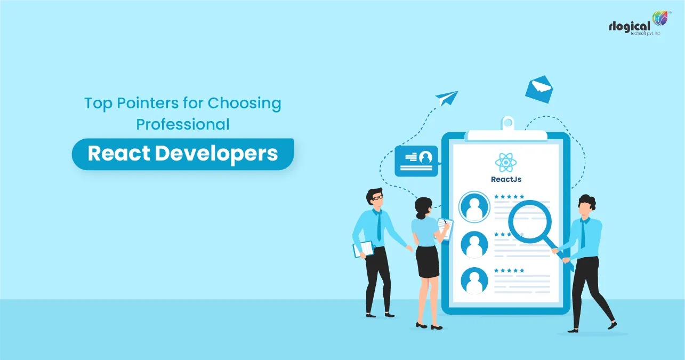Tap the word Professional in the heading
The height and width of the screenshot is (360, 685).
click(183, 124)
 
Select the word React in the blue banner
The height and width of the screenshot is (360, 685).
click(118, 154)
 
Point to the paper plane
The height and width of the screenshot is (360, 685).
click(447, 98)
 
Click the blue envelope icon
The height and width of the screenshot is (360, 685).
click(538, 89)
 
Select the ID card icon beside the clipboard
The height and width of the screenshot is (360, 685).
click(416, 161)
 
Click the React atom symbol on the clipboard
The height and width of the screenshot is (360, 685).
click(505, 162)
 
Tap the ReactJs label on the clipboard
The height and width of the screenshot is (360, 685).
click(506, 180)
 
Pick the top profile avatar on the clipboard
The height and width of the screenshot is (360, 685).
click(474, 206)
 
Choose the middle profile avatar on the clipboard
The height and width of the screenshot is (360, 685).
click(474, 244)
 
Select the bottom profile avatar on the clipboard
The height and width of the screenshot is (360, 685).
click(474, 280)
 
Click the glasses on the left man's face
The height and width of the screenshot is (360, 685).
click(377, 198)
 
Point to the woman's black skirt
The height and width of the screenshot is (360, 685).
click(428, 261)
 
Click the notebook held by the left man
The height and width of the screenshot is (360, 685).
click(364, 249)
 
